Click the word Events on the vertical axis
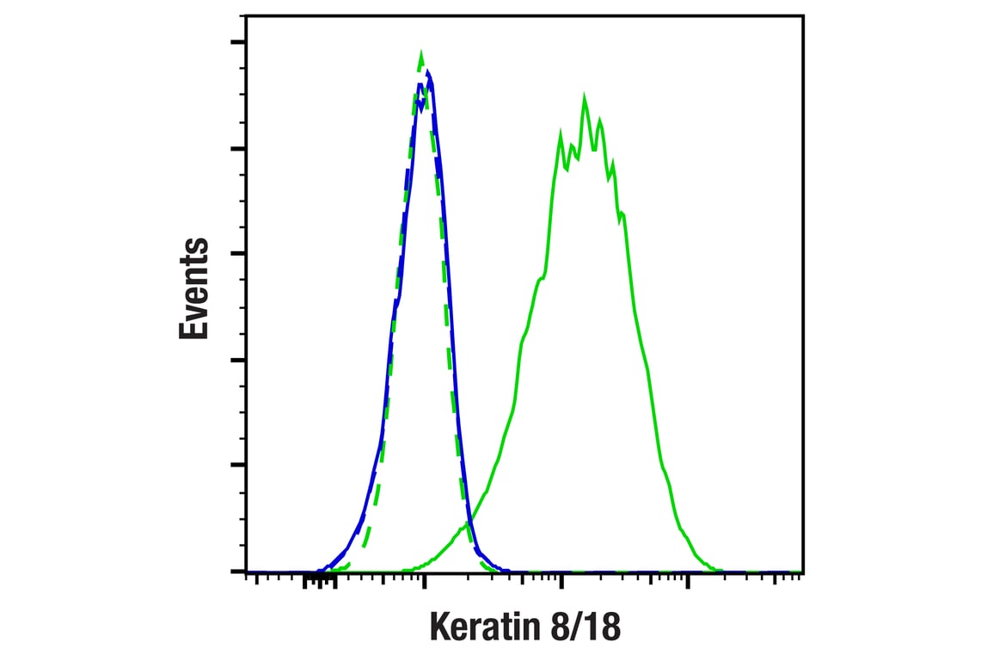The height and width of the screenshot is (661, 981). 194,288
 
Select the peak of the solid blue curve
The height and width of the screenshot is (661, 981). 427,71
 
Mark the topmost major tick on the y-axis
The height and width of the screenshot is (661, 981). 237,41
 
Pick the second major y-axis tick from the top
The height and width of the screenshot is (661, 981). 237,148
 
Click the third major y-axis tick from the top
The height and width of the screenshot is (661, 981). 237,254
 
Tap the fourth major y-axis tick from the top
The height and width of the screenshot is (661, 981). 237,360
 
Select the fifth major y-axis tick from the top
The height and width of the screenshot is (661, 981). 237,466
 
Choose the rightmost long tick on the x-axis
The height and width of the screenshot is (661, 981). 687,583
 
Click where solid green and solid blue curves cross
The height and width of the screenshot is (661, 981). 469,522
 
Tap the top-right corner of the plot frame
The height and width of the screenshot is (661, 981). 803,15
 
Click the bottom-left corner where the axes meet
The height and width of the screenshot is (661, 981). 247,571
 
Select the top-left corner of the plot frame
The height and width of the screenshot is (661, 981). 247,15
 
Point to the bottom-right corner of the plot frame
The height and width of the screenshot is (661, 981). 803,571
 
